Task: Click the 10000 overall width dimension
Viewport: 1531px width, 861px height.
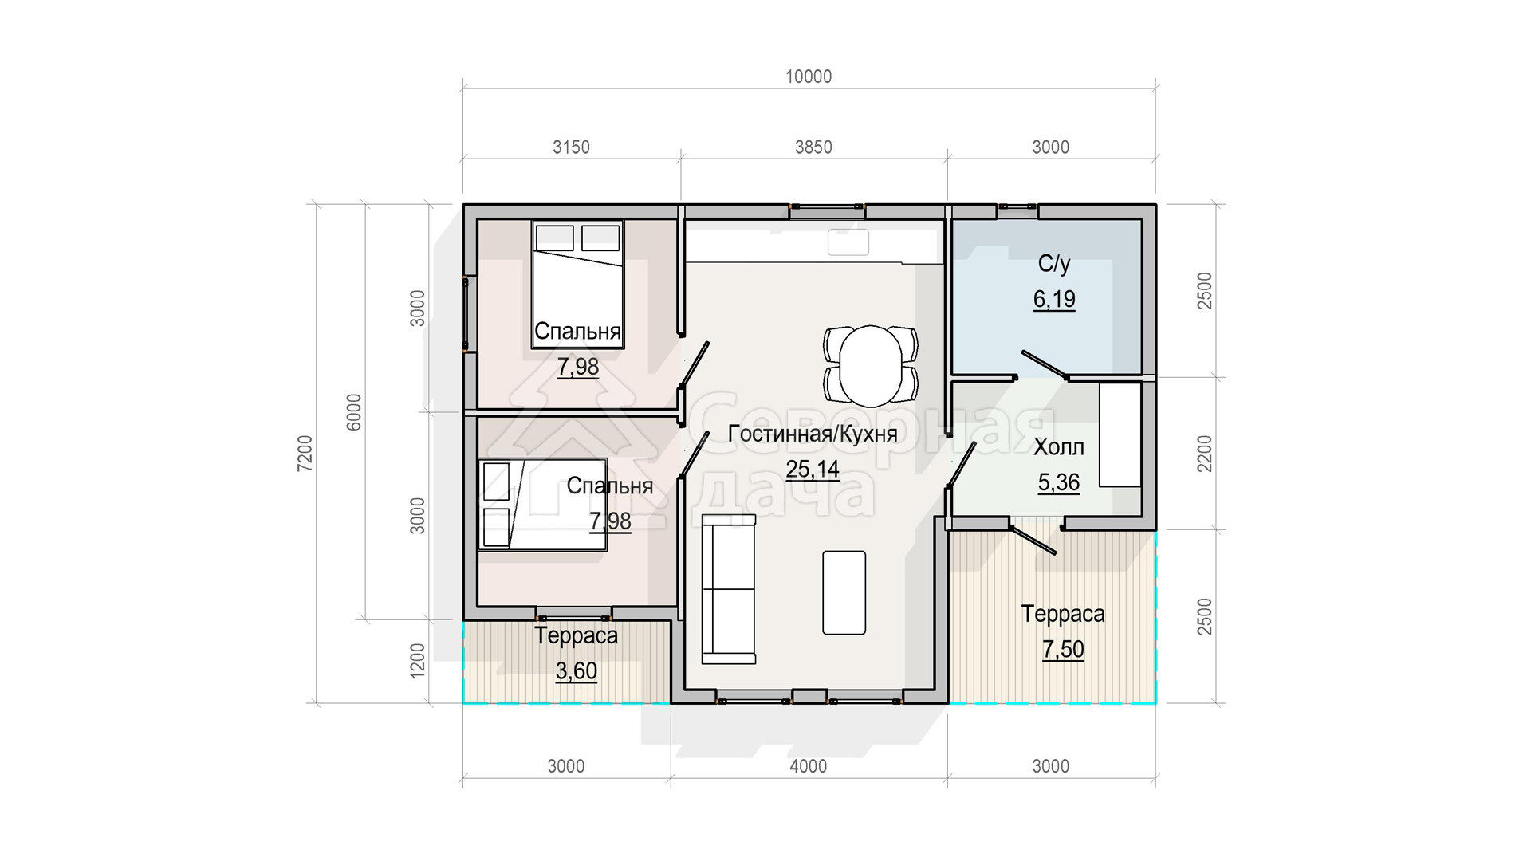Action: click(x=809, y=77)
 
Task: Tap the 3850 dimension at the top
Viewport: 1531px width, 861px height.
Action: click(x=813, y=147)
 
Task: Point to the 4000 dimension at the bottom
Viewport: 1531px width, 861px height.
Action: click(x=809, y=766)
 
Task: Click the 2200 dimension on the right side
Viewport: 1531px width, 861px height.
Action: click(x=1205, y=453)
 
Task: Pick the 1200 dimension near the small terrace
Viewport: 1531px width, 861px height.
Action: click(x=418, y=661)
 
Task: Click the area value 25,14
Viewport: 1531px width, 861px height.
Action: click(x=813, y=470)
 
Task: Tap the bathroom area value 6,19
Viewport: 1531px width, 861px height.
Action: click(x=1054, y=300)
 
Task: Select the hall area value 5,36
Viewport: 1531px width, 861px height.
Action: click(x=1059, y=483)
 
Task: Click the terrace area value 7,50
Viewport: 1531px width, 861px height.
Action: click(x=1063, y=650)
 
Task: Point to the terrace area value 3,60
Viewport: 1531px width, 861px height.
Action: click(x=577, y=671)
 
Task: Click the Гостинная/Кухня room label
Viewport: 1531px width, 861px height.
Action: click(x=813, y=434)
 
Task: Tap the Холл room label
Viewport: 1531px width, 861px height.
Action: click(x=1059, y=447)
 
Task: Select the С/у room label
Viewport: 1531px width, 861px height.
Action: click(x=1054, y=264)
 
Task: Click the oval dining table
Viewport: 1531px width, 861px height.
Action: click(x=871, y=365)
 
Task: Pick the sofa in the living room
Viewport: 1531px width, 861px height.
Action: click(x=728, y=589)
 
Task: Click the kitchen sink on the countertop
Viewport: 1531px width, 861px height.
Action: click(x=848, y=242)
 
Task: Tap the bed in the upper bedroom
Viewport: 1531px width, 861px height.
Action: click(x=578, y=285)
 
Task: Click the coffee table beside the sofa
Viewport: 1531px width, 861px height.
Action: click(x=844, y=592)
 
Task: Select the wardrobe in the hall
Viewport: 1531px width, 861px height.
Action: click(x=1120, y=435)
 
